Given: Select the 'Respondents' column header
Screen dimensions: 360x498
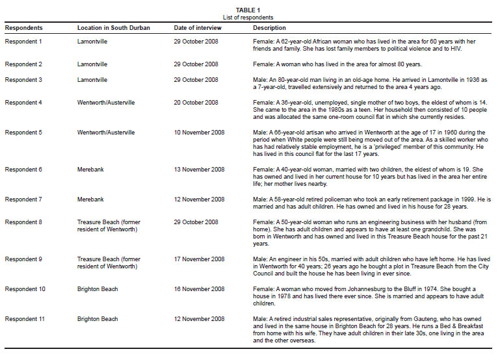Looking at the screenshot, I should [24, 28].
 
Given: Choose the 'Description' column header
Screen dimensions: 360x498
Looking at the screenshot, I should [269, 28].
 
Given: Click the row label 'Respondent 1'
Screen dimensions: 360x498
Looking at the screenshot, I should [23, 42].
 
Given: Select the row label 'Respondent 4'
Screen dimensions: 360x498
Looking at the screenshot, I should [23, 102].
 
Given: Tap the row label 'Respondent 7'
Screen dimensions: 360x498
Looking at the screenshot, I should [23, 199].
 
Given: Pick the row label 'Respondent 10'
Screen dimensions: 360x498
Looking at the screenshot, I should [25, 289].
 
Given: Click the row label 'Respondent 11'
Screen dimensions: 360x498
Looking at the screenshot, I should [25, 319].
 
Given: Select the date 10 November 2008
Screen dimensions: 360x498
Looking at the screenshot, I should [199, 132].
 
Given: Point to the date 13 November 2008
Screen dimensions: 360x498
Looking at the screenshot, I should [199, 170].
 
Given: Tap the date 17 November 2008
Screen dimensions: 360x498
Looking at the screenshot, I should [199, 259].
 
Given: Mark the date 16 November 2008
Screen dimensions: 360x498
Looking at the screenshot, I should [199, 289].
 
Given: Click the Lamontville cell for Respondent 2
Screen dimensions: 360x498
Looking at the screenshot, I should [92, 64].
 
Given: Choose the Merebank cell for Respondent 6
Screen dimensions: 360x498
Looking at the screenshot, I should [90, 170].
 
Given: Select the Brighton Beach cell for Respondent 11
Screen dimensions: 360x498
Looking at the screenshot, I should [98, 319].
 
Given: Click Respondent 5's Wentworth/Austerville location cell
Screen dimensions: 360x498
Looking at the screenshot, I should [106, 132].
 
